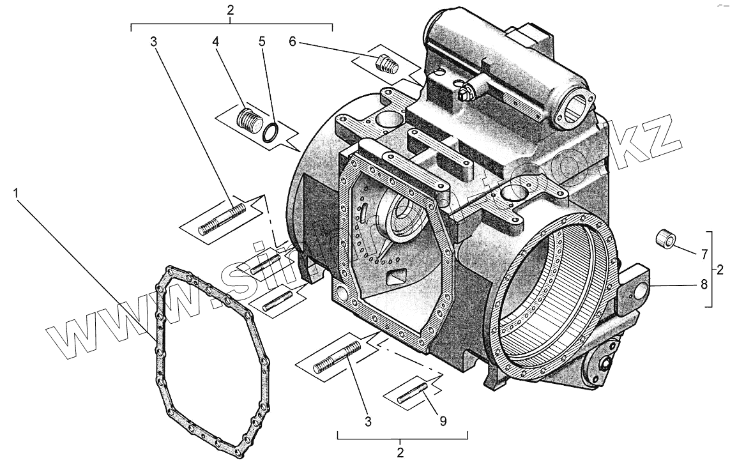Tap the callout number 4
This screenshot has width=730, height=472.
[x=216, y=42]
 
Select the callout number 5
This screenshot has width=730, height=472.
[x=261, y=42]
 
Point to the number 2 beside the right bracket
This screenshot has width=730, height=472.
[x=720, y=270]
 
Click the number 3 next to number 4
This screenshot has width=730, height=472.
[x=153, y=42]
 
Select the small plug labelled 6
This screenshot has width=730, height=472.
[x=387, y=63]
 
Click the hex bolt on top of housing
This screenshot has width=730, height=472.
[x=465, y=93]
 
